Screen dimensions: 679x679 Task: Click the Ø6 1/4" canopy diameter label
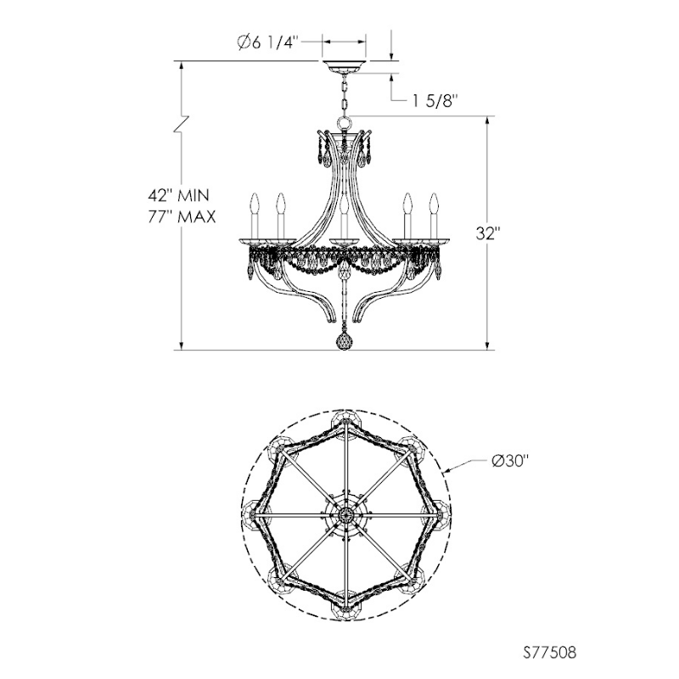coord(268,42)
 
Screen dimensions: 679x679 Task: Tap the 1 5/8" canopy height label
coord(435,101)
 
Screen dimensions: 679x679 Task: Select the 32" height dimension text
coord(488,233)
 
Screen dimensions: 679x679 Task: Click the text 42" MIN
coord(178,195)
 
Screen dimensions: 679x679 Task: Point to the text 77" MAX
coord(182,216)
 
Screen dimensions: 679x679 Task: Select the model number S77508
coord(549,652)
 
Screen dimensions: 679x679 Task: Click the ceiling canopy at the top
coord(345,68)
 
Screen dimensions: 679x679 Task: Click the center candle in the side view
coord(345,219)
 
